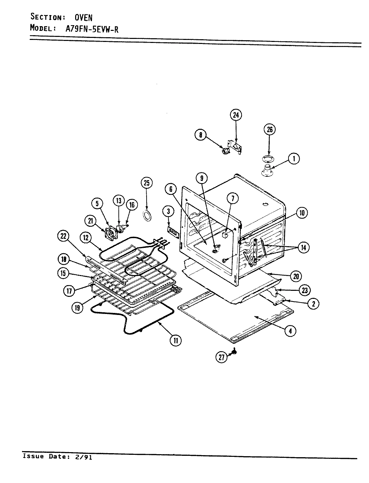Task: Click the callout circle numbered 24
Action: (x=236, y=115)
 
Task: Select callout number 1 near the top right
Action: (x=294, y=158)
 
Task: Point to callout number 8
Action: (x=200, y=135)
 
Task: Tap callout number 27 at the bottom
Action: (x=221, y=358)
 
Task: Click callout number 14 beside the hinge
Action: (x=303, y=248)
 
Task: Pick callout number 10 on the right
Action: (x=302, y=213)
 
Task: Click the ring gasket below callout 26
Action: (x=268, y=158)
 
